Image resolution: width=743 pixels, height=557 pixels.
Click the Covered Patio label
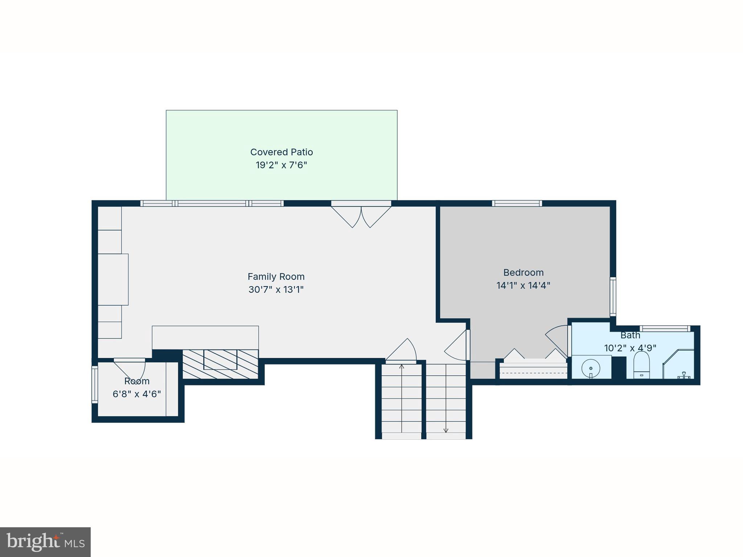282,152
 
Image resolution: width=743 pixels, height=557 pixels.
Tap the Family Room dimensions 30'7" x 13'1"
276,290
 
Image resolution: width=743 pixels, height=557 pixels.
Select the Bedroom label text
523,272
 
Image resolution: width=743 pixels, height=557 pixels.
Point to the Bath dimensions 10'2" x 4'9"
630,348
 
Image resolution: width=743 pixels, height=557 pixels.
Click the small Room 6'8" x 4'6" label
137,388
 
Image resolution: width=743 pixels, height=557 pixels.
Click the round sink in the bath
591,368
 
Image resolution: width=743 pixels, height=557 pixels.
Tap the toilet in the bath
641,364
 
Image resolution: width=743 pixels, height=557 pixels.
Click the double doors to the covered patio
361,216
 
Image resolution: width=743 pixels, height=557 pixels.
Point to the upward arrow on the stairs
402,367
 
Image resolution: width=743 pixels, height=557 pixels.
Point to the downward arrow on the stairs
446,430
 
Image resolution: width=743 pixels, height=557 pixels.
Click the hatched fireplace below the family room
220,364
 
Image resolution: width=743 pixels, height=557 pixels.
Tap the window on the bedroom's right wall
613,296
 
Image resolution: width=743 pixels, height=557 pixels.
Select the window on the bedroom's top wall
517,203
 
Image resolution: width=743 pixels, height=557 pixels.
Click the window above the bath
665,329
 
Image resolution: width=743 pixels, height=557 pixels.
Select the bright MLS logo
45,542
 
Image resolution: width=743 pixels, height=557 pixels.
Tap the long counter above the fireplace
205,337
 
